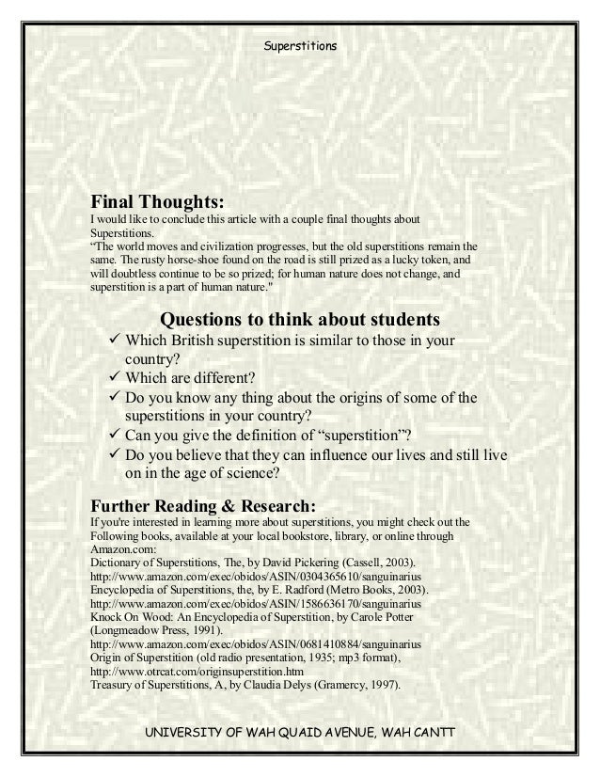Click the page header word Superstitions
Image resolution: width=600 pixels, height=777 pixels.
click(299, 44)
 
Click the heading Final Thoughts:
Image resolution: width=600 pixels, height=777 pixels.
click(157, 201)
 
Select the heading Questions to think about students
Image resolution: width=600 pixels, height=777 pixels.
click(300, 316)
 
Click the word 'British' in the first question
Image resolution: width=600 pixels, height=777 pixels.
click(199, 340)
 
